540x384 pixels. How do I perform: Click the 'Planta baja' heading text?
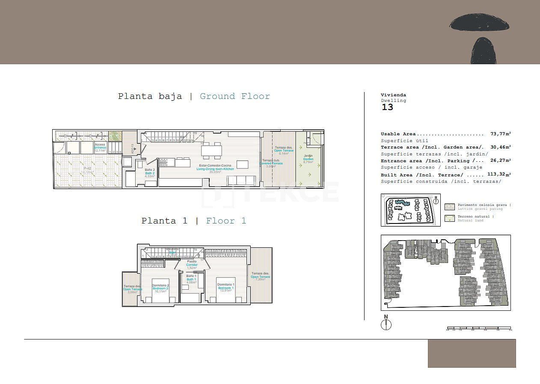[x=150, y=96]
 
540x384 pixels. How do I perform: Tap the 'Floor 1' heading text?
[x=226, y=221]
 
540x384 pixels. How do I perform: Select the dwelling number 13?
[x=387, y=107]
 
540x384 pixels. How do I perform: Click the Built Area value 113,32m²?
[x=499, y=175]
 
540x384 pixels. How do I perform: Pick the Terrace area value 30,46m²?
[x=500, y=147]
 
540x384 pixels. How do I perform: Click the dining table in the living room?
[x=212, y=151]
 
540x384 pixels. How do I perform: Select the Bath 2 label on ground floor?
[x=149, y=173]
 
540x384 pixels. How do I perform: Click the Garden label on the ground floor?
[x=308, y=159]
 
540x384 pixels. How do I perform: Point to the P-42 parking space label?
[x=87, y=169]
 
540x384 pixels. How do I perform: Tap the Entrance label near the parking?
[x=100, y=147]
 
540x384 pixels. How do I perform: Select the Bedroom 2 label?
[x=160, y=289]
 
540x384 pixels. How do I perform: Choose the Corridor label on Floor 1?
[x=192, y=265]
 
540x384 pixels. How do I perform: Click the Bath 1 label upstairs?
[x=191, y=279]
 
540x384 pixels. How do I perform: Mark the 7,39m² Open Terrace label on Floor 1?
[x=260, y=277]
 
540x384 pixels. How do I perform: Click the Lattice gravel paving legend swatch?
[x=449, y=207]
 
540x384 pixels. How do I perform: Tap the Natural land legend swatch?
[x=449, y=218]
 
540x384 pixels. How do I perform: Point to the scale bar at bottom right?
[x=478, y=329]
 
